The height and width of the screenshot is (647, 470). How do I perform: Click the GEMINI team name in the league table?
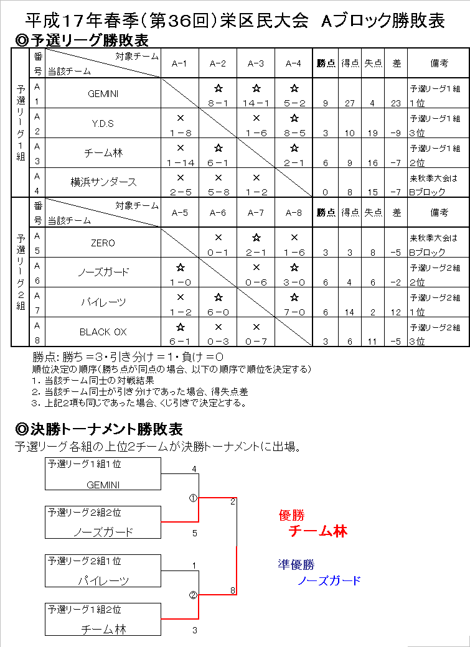tap(103, 94)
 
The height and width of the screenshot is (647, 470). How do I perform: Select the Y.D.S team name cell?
tap(103, 124)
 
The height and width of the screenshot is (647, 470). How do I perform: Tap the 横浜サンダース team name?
tap(103, 182)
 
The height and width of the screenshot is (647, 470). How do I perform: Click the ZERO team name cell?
tap(103, 243)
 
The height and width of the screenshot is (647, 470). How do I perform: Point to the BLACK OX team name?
tap(103, 332)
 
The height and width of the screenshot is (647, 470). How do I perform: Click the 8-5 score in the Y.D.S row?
tap(294, 133)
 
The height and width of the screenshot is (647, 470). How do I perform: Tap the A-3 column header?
tap(256, 63)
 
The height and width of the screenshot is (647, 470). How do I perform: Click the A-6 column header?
tap(218, 213)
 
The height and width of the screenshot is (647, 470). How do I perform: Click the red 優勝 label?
tap(292, 515)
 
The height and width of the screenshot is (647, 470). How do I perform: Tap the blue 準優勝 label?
tap(296, 565)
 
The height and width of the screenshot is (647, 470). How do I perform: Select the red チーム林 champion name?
tap(318, 531)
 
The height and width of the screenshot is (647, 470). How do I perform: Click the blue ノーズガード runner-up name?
tap(329, 580)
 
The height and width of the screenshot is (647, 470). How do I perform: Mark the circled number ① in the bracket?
tap(193, 498)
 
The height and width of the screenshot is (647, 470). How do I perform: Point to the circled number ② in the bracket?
tap(193, 595)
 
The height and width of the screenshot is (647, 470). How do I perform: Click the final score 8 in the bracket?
tap(233, 590)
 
